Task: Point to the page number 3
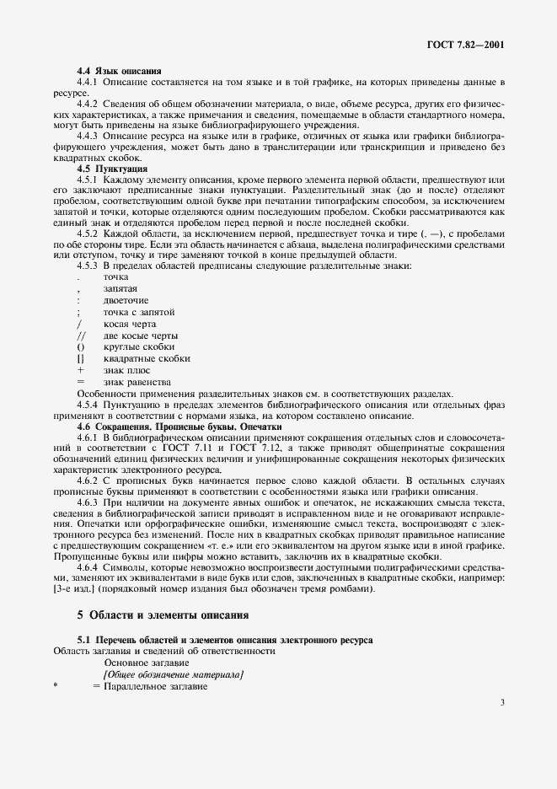[501, 701]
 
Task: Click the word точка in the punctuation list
[115, 276]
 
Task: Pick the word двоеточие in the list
[126, 300]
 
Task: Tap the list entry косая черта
[130, 324]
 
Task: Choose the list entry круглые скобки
[139, 346]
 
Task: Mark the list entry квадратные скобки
[146, 358]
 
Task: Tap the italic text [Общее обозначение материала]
[173, 674]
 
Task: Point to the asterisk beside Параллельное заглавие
[56, 686]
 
